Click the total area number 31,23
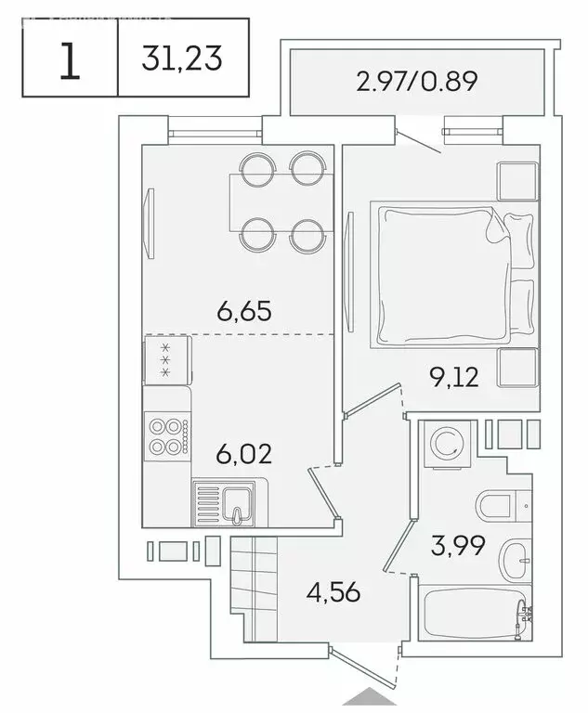coord(182,60)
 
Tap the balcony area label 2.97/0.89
coord(416,82)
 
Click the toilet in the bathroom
coord(502,508)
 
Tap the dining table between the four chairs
coord(279,201)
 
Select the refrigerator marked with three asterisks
coord(167,359)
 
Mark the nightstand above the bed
coord(516,181)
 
